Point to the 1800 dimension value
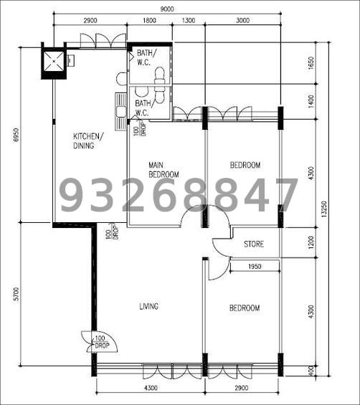[149, 21]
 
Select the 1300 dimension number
[188, 21]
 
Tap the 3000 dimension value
[242, 21]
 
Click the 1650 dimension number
[311, 63]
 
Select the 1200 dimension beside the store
[311, 244]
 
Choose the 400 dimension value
[311, 370]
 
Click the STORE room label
[253, 244]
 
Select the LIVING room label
[148, 307]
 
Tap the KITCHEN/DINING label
[88, 140]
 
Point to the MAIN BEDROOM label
[164, 169]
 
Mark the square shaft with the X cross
[54, 60]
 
